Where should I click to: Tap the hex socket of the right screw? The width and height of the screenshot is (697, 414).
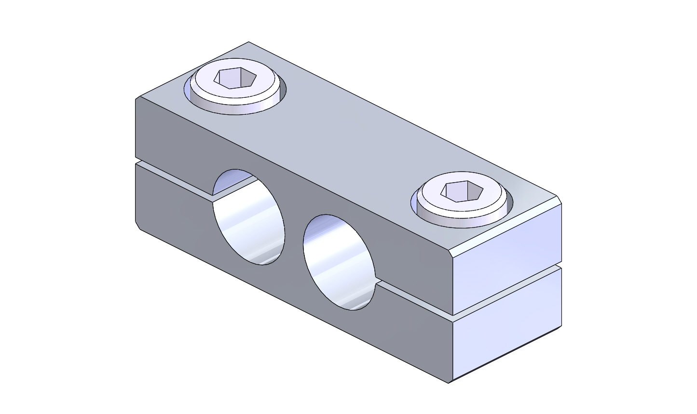tap(463, 191)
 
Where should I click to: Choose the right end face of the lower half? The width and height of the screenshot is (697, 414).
tap(506, 328)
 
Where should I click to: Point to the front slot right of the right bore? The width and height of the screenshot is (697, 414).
tap(415, 299)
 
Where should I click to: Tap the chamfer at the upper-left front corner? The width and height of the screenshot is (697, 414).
tap(137, 99)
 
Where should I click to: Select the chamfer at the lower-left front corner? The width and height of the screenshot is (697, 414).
tap(137, 226)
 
